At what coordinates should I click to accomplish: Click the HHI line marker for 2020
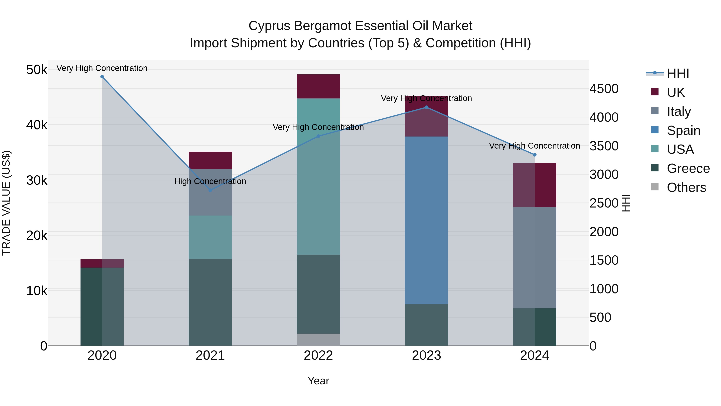pos(102,77)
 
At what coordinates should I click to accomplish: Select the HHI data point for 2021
pos(210,190)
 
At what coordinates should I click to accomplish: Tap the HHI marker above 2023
pos(427,107)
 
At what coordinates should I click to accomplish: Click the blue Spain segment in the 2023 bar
pos(427,220)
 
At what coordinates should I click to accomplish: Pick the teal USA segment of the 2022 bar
pos(318,176)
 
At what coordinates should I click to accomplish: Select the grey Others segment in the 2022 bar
pos(318,340)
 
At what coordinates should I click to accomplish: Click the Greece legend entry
pos(688,168)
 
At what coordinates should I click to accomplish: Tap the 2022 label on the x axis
pos(318,355)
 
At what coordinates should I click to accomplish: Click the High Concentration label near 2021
pos(210,181)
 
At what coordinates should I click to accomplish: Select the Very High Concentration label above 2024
pos(534,146)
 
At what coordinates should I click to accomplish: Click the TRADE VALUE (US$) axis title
pos(6,203)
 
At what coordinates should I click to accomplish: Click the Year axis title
pos(318,381)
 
